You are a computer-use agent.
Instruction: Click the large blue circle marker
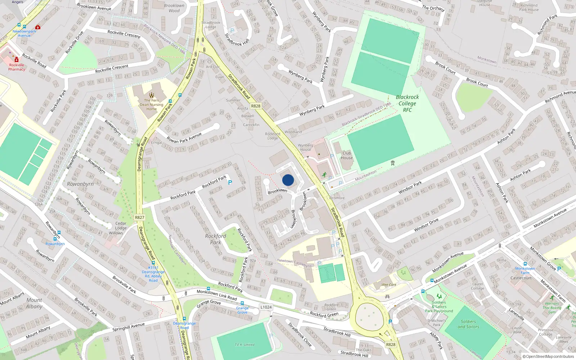(x=288, y=180)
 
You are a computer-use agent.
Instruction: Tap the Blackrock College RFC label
(x=407, y=103)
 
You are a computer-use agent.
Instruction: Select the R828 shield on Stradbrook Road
(x=256, y=106)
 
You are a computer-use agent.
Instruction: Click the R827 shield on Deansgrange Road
(x=140, y=217)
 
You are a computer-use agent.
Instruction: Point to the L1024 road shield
(x=266, y=307)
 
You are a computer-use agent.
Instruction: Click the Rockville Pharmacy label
(x=17, y=67)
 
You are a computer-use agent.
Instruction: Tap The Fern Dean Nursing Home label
(x=152, y=105)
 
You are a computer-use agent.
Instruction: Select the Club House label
(x=347, y=155)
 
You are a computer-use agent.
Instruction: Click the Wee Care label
(x=389, y=284)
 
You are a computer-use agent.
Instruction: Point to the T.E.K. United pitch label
(x=244, y=345)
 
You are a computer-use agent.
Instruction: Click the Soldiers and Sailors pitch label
(x=468, y=324)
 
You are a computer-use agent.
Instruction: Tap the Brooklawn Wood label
(x=174, y=8)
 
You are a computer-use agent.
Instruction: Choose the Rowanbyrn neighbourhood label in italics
(x=80, y=184)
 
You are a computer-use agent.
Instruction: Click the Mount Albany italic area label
(x=34, y=303)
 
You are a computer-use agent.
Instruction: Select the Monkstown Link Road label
(x=217, y=295)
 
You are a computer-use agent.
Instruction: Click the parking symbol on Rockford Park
(x=230, y=183)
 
